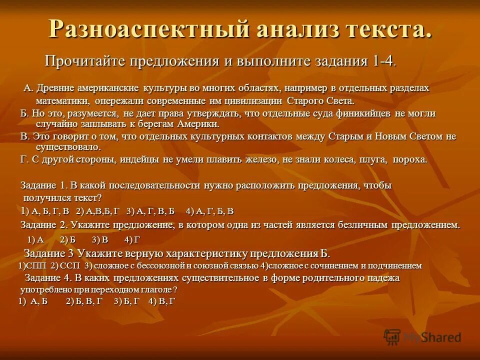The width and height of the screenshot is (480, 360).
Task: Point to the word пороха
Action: coord(410,159)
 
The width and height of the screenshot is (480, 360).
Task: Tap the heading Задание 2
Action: coord(44,225)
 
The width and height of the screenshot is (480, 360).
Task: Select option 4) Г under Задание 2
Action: coord(132,239)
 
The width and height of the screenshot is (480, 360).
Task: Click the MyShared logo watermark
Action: coord(422,337)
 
